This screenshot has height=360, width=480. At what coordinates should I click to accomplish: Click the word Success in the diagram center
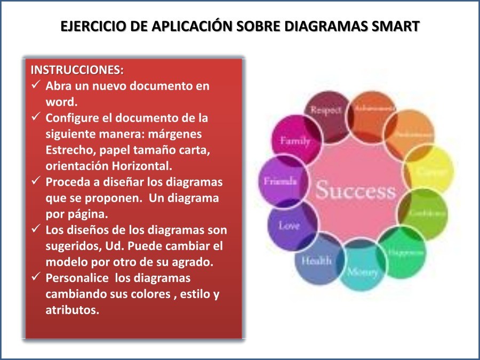(x=355, y=190)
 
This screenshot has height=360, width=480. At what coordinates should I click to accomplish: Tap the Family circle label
(x=294, y=141)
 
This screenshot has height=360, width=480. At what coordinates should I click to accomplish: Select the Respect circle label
(x=325, y=110)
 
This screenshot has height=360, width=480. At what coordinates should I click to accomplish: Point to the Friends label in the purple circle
(x=280, y=181)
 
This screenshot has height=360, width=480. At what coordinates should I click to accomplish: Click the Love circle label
(x=289, y=225)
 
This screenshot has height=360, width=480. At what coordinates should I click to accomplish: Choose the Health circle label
(x=316, y=261)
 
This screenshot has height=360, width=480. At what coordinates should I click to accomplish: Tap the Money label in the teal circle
(x=363, y=271)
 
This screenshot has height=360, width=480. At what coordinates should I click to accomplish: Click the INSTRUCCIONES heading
(x=77, y=70)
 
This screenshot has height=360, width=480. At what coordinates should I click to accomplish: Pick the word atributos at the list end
(x=73, y=310)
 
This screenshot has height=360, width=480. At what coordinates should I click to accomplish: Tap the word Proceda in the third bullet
(x=68, y=182)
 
